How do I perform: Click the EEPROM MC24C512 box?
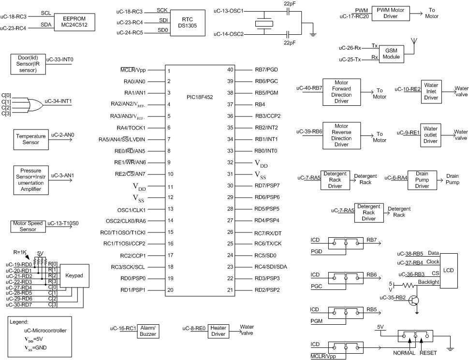(x=74, y=22)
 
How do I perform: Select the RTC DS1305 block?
(x=188, y=23)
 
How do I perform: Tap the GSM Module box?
(x=392, y=54)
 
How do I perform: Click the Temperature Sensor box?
(x=31, y=139)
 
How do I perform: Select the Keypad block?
(x=74, y=276)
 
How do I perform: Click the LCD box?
(x=449, y=271)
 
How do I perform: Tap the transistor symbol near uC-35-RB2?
(x=414, y=301)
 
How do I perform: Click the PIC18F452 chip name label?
(x=200, y=97)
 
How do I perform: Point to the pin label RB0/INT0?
(x=266, y=151)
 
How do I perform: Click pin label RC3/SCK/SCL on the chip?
(x=128, y=267)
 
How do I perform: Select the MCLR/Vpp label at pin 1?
(x=133, y=70)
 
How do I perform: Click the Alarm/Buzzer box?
(x=148, y=331)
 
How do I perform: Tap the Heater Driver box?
(x=219, y=331)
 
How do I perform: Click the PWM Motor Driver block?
(x=391, y=13)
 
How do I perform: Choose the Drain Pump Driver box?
(x=422, y=180)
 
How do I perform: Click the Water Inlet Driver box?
(x=431, y=91)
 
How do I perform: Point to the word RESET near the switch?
(x=428, y=353)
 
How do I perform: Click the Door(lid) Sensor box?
(x=28, y=64)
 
